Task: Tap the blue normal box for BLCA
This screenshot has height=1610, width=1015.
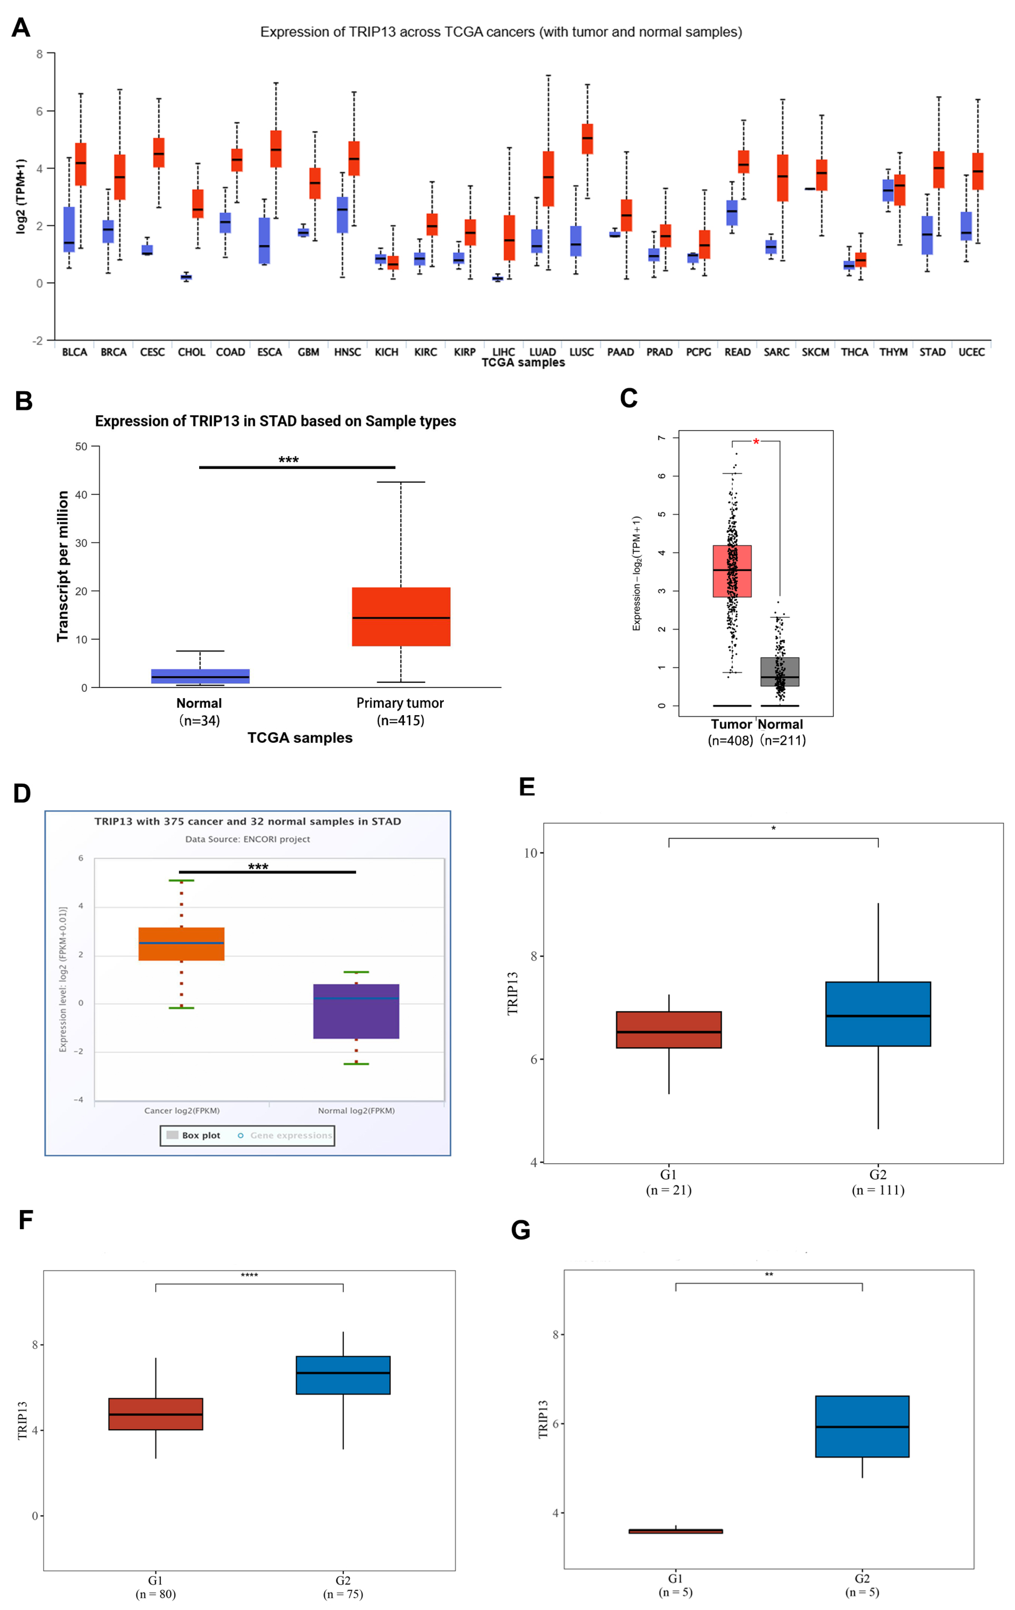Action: (x=69, y=229)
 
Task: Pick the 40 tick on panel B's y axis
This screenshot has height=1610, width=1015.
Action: (x=82, y=495)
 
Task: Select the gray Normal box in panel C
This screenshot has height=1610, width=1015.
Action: (x=780, y=672)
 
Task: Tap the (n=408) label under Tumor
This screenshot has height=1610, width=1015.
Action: (x=730, y=741)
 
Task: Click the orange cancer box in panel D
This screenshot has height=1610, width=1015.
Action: (x=181, y=944)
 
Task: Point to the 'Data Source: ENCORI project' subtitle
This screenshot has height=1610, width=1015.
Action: (x=247, y=839)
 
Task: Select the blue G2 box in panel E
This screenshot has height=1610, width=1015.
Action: (x=878, y=1014)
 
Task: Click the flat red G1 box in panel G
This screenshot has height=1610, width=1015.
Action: (x=675, y=1531)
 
